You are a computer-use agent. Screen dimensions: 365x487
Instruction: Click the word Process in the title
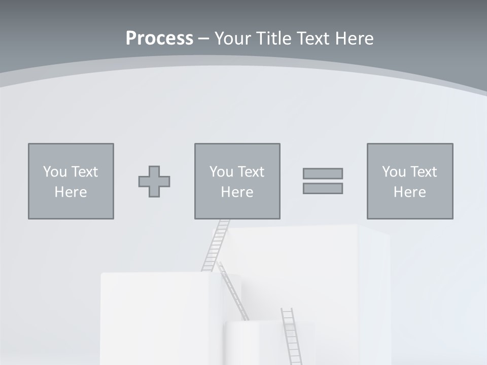[x=159, y=39]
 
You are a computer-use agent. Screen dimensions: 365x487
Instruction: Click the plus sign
[x=154, y=181]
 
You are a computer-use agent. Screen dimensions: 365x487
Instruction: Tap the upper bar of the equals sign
[x=323, y=173]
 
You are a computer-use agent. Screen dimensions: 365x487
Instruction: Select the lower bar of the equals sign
[x=323, y=188]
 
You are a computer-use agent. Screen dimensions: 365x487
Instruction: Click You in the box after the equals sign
[x=394, y=172]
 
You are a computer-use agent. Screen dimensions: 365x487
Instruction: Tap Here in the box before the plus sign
[x=71, y=192]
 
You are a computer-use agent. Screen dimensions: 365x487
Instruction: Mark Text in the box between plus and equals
[x=252, y=172]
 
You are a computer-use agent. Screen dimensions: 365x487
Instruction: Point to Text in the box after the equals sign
[x=424, y=172]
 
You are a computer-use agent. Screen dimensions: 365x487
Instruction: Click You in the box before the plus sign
[x=55, y=172]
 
